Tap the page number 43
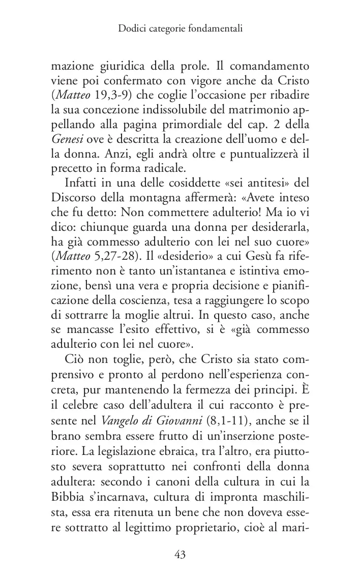[x=179, y=554]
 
